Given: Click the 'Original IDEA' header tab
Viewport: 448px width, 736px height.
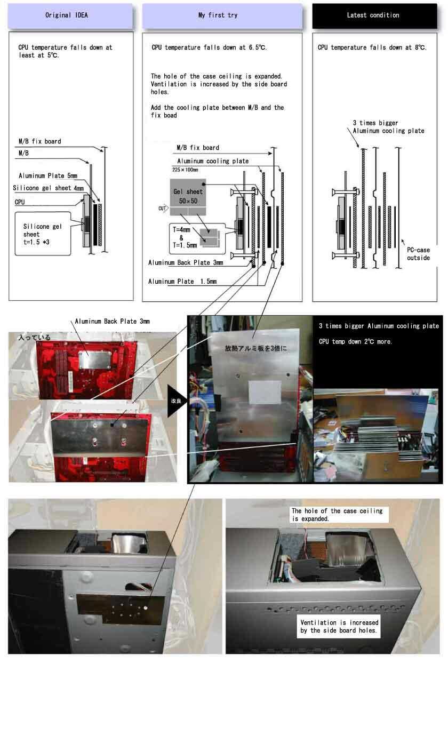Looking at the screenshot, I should [x=70, y=15].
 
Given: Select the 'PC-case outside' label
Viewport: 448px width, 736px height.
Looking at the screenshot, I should [x=419, y=254].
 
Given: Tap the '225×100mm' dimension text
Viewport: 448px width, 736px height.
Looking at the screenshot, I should [x=185, y=170].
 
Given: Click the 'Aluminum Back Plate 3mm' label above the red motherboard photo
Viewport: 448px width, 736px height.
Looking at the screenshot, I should [x=113, y=322].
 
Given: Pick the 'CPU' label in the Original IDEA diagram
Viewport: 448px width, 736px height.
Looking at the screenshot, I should [x=19, y=203].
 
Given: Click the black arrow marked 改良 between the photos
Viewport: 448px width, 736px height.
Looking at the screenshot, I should [x=177, y=401].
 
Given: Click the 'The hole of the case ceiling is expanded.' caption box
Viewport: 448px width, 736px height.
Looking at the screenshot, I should [x=339, y=515].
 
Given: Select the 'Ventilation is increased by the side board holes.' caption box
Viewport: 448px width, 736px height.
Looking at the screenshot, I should [x=339, y=627].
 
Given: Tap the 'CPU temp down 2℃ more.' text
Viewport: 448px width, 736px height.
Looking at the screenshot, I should [x=355, y=341].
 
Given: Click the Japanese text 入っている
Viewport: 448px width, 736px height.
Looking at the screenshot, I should [x=34, y=338].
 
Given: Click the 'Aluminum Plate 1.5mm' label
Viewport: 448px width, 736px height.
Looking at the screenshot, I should [x=182, y=281].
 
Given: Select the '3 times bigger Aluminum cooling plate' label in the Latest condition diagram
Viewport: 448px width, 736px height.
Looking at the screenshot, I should [x=388, y=127].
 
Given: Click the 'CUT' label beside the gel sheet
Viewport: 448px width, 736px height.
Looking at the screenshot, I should [x=163, y=209].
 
